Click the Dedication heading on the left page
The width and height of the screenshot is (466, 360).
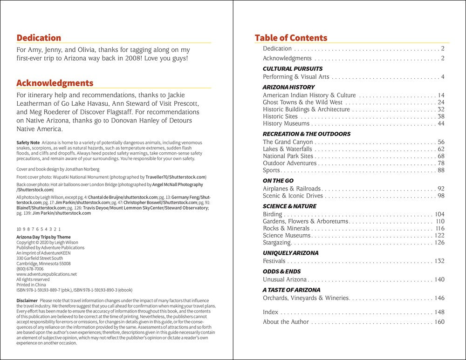[39, 38]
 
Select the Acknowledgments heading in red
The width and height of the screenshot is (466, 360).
[55, 83]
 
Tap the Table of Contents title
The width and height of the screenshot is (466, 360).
[291, 38]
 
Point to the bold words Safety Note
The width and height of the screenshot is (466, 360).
[27, 142]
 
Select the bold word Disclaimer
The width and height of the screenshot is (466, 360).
[27, 300]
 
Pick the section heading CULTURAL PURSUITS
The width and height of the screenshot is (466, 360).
[293, 68]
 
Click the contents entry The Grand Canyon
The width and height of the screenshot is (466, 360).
[288, 142]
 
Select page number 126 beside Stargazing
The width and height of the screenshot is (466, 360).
[439, 243]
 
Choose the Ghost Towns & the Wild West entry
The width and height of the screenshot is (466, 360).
[302, 102]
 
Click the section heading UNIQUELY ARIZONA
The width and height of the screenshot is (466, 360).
[290, 253]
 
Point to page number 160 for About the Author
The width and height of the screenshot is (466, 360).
[439, 322]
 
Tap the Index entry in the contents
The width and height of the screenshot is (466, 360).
[270, 312]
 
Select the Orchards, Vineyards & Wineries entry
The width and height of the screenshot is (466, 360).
[306, 298]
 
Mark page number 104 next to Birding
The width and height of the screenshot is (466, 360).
[439, 214]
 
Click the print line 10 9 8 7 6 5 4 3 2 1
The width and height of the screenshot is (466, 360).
[38, 229]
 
